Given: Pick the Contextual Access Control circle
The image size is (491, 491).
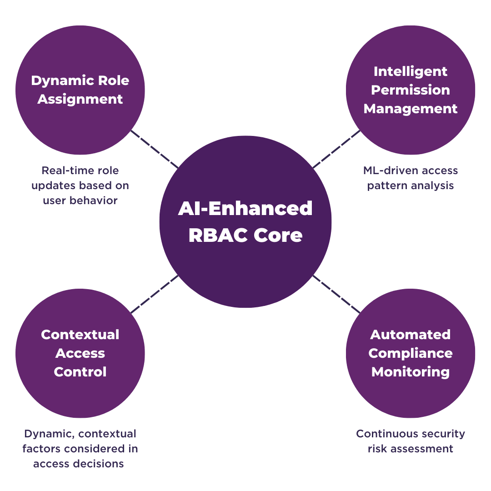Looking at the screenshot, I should click(x=80, y=391).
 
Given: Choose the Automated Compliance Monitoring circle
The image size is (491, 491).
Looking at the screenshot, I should click(x=411, y=396).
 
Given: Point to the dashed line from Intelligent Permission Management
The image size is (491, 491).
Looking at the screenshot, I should click(x=336, y=149).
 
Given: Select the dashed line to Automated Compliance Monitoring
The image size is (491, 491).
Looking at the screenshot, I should click(x=336, y=294).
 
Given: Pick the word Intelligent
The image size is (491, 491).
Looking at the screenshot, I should click(x=411, y=71).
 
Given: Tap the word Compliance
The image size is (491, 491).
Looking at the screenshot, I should click(x=411, y=353).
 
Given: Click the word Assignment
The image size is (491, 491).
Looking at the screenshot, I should click(x=80, y=99).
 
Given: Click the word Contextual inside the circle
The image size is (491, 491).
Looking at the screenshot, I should click(x=80, y=335).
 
